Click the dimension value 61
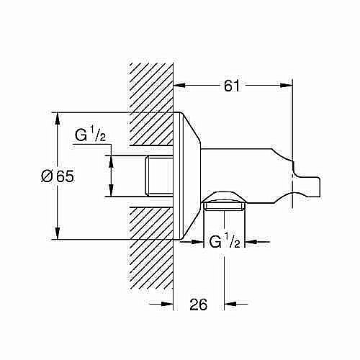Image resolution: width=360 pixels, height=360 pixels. [230, 86]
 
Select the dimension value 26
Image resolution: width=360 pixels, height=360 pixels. [199, 305]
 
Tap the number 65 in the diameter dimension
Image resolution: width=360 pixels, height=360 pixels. [66, 176]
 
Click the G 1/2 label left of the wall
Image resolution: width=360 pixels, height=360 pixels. [90, 135]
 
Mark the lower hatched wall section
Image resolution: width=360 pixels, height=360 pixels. [150, 252]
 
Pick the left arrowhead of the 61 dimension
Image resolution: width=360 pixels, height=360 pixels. [180, 85]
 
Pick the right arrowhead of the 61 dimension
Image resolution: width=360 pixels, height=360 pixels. [289, 85]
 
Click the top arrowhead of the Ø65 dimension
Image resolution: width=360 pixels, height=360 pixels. [57, 117]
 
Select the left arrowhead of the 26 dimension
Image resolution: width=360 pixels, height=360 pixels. [168, 305]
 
